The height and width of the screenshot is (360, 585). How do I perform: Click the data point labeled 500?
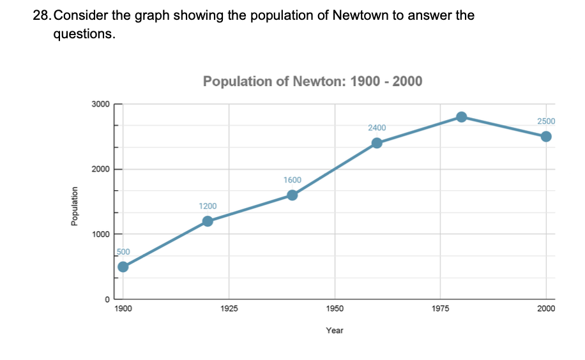(x=123, y=266)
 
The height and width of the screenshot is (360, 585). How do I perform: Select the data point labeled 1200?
(x=208, y=221)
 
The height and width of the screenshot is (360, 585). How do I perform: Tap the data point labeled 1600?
(x=292, y=195)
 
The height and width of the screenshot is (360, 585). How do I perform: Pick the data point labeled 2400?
(x=377, y=142)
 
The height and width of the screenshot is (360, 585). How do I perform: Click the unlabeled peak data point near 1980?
(x=461, y=116)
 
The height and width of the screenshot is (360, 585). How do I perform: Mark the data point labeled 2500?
(x=546, y=136)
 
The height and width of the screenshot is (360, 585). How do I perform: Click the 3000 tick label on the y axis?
(x=101, y=104)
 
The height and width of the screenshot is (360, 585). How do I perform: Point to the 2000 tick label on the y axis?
(x=101, y=169)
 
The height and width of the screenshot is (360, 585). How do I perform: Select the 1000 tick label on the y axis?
(x=101, y=234)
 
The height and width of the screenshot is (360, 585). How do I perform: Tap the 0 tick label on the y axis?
(x=107, y=299)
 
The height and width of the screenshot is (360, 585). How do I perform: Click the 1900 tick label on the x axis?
(x=123, y=309)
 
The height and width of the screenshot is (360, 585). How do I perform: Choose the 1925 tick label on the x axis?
(x=229, y=309)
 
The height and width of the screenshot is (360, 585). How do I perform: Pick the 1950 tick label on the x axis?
(x=335, y=309)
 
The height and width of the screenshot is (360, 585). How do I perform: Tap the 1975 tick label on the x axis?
(x=441, y=309)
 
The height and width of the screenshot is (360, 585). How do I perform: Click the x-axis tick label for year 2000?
(x=546, y=309)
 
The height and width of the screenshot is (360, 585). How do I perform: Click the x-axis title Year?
(x=335, y=330)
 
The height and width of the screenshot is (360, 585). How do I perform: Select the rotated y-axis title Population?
(x=75, y=207)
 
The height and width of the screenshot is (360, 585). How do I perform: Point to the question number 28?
(x=41, y=15)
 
